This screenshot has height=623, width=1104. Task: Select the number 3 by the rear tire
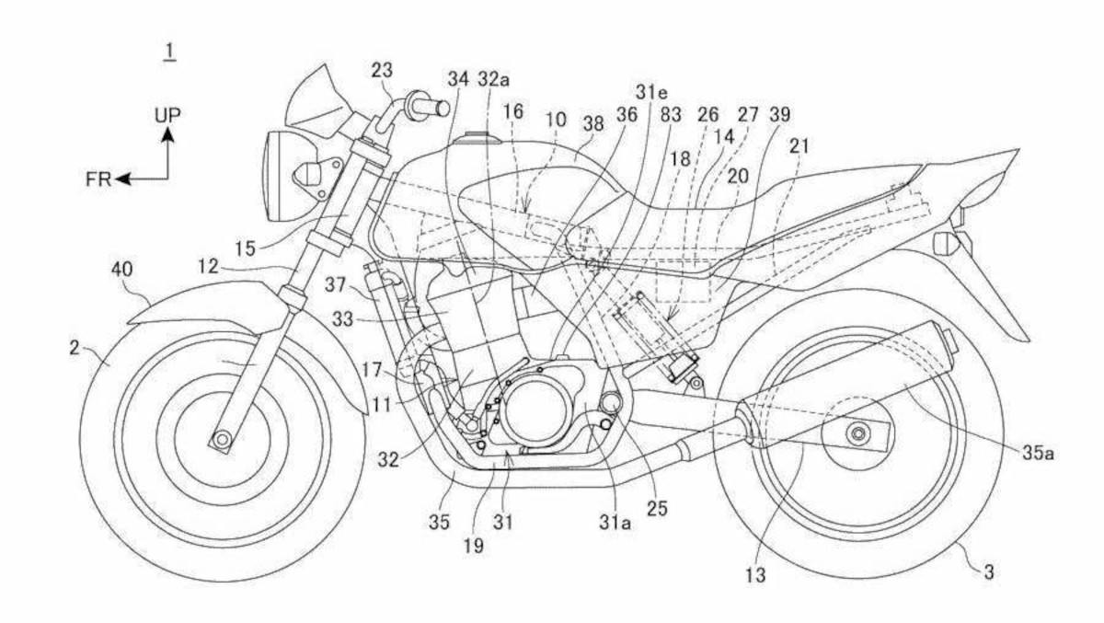(x=989, y=571)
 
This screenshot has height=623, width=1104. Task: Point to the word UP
(x=167, y=114)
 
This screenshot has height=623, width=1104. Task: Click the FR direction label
(x=98, y=179)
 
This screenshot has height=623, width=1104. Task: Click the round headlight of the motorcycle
(x=275, y=177)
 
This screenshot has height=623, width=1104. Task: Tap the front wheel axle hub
(x=222, y=439)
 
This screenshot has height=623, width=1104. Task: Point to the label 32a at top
(x=493, y=80)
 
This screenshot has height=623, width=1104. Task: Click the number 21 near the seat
(x=800, y=146)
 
